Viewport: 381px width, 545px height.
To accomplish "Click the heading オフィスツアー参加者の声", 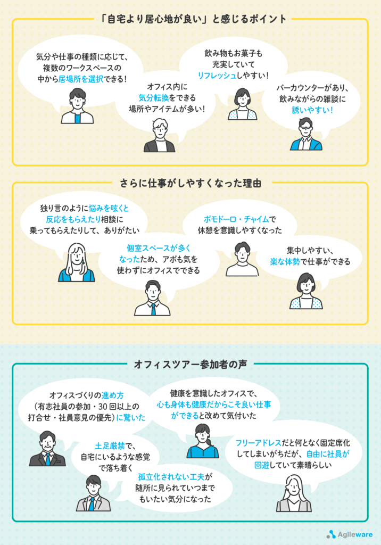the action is (190, 364).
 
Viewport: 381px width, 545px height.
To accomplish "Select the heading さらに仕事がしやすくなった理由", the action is (190, 183).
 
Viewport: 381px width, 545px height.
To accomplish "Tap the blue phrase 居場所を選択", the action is (81, 79).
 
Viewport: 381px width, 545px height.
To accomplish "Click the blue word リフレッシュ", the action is (217, 75).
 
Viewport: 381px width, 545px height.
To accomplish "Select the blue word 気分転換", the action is (154, 98).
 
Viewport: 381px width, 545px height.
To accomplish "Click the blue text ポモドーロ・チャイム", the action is (236, 219).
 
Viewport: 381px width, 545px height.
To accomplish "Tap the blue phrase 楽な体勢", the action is (285, 261).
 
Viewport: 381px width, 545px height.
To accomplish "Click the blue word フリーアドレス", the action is (258, 443).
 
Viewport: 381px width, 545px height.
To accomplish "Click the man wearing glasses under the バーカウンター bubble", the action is (306, 134).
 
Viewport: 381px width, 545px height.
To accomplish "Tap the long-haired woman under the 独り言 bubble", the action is (77, 262).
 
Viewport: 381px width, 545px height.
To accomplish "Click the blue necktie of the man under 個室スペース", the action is (153, 309).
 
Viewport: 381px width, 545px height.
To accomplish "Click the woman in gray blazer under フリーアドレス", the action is (294, 493).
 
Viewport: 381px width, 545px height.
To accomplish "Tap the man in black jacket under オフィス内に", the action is (160, 136).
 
